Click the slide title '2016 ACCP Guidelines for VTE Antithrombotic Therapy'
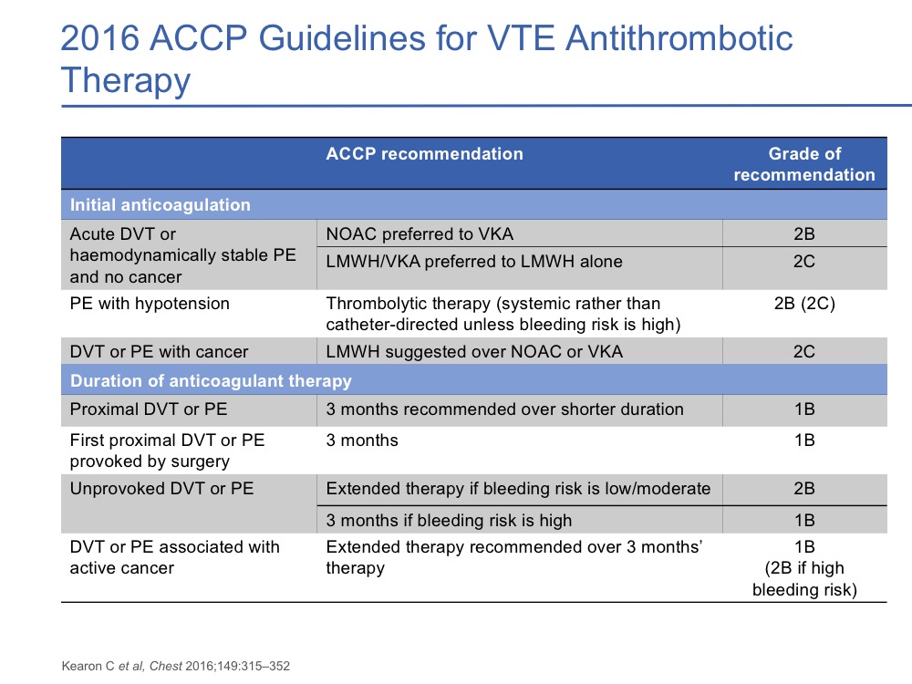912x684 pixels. click(426, 58)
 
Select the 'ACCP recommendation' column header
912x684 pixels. click(425, 153)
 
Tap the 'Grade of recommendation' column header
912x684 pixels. click(804, 164)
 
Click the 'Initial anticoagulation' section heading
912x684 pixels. click(160, 204)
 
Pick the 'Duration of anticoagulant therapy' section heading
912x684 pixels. click(211, 380)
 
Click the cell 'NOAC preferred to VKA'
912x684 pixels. click(420, 233)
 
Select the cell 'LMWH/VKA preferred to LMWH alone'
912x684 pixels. click(474, 262)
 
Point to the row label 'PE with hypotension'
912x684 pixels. click(150, 304)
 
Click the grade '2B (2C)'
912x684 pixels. click(804, 304)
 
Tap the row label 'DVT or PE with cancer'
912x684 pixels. click(159, 351)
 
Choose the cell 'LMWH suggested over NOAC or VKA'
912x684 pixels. click(474, 351)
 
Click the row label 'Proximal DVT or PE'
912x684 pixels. click(149, 409)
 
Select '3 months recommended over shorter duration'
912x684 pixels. click(504, 409)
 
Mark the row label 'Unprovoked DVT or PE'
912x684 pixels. click(161, 489)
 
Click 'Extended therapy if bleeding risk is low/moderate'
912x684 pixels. click(518, 489)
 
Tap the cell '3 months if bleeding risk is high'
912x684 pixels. click(449, 520)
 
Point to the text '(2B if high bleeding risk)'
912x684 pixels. click(804, 579)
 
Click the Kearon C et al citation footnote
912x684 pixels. click(176, 666)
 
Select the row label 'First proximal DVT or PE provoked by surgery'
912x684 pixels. click(167, 451)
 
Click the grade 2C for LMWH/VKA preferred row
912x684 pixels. click(804, 262)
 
